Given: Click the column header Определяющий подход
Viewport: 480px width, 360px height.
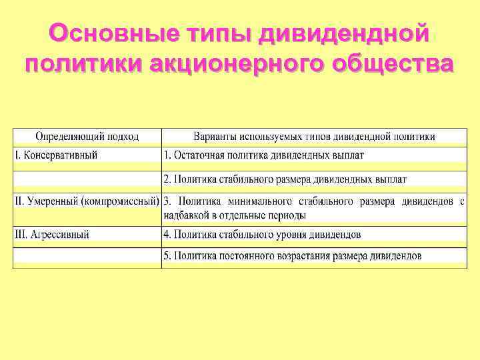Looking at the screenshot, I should (87, 137).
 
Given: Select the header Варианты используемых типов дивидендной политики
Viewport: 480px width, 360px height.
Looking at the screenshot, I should (314, 137).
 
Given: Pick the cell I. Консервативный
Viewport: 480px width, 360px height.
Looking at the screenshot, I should (57, 155).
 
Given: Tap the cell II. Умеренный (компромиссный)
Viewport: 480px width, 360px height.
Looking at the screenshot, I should (87, 200).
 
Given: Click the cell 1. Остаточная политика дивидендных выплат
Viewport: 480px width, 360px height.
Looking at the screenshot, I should (264, 155).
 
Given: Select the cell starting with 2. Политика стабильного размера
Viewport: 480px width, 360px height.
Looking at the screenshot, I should (285, 179).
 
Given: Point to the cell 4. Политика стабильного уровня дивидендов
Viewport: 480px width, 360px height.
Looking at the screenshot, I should (262, 235).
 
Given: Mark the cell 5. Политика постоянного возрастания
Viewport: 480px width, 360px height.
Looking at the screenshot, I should (292, 256).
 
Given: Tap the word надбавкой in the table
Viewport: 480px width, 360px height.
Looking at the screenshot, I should (185, 215).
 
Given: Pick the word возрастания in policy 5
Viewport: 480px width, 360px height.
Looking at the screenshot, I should (307, 256).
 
